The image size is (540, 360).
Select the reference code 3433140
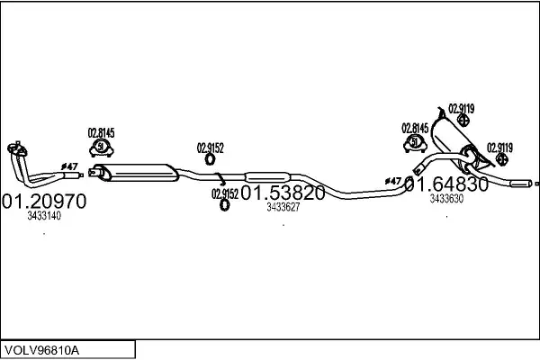44,217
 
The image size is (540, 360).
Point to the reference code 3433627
283,208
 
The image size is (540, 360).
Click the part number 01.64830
446,184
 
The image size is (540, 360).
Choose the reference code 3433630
446,200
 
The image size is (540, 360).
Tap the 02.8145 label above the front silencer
102,134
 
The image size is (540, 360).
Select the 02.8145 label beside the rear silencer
415,128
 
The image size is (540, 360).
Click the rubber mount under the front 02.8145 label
103,148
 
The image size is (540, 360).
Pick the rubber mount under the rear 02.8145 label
415,142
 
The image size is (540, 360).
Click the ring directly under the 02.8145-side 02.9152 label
211,160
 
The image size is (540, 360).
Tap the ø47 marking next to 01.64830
393,181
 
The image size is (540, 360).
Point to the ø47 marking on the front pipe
69,166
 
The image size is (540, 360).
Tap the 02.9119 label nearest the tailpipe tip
499,148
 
